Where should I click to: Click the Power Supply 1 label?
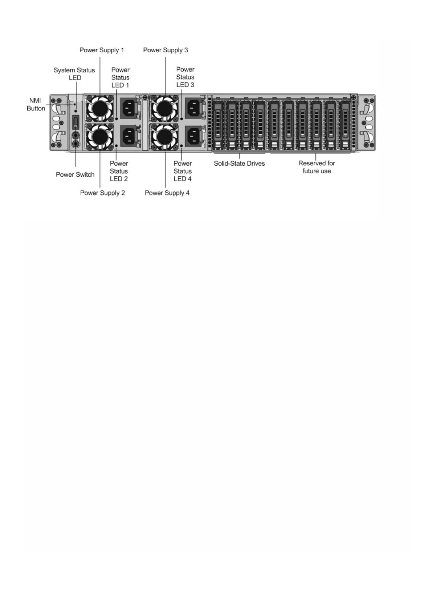tap(102, 50)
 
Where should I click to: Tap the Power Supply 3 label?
tap(166, 50)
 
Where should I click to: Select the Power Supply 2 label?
tap(102, 193)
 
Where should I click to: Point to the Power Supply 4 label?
tap(167, 193)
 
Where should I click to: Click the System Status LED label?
tap(74, 74)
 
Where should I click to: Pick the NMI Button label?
tap(36, 104)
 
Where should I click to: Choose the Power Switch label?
tap(75, 174)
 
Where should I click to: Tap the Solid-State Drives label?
tap(239, 164)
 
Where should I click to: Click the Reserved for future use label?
tap(317, 167)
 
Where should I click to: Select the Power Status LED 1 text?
tap(120, 77)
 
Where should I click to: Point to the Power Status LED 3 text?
tap(185, 77)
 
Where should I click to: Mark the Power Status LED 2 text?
tap(119, 171)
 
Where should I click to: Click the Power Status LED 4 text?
tap(183, 171)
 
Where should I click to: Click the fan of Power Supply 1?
tap(99, 108)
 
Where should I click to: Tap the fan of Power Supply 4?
tap(164, 136)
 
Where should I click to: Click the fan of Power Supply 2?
tap(99, 136)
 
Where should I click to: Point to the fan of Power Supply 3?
tap(164, 108)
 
